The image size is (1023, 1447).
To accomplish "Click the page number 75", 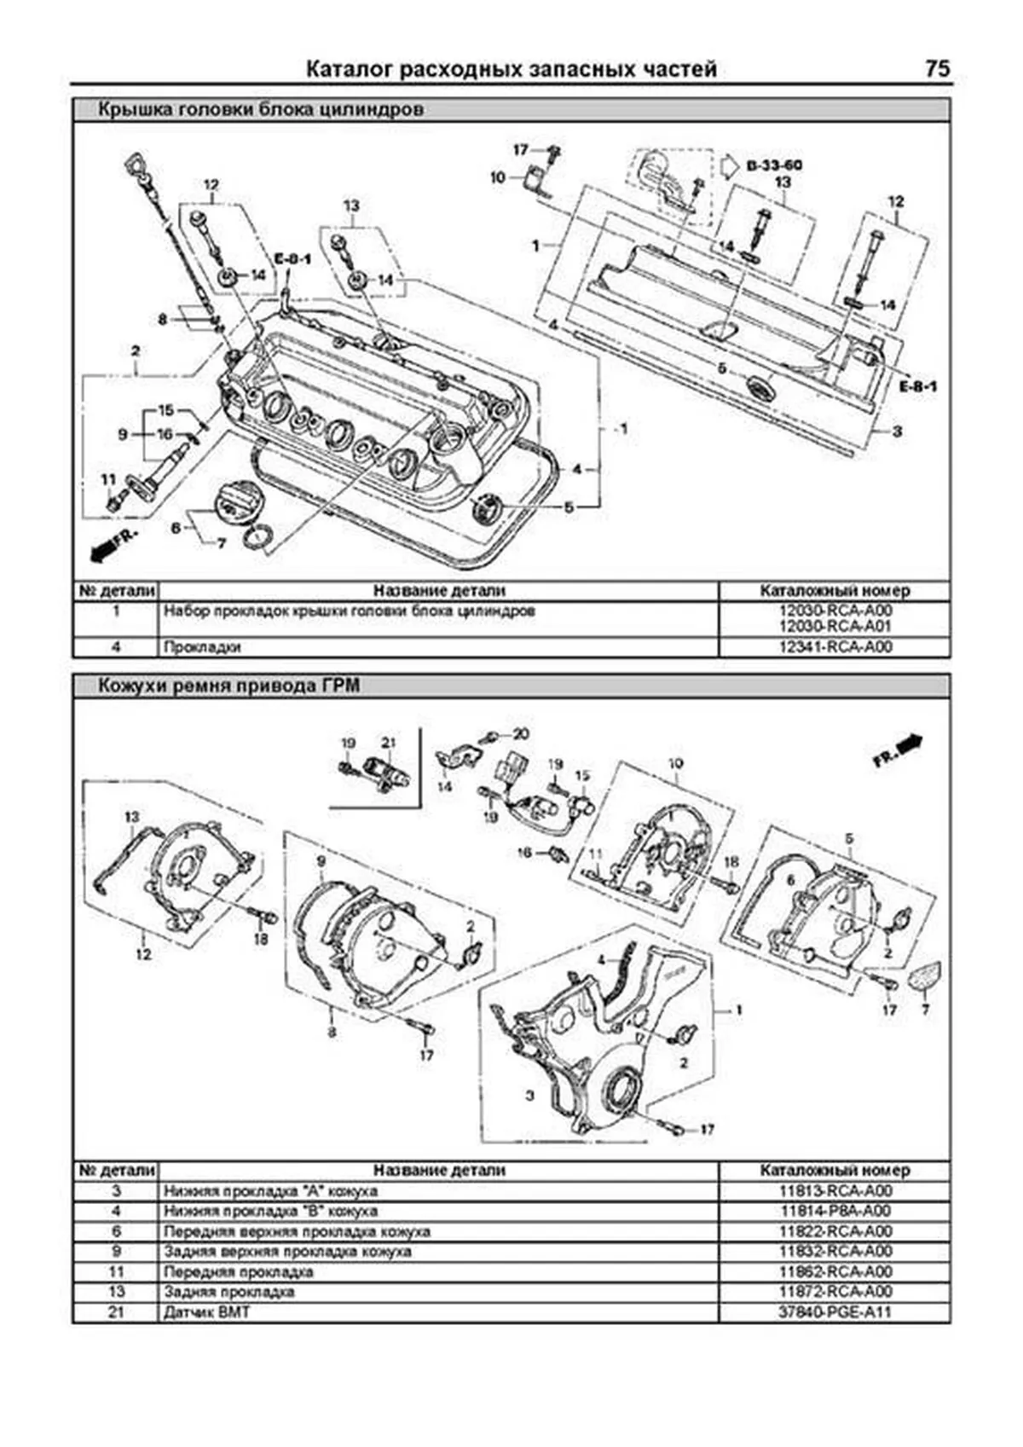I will click(x=936, y=69).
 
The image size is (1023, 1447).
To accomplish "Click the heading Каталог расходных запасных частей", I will click(x=511, y=69).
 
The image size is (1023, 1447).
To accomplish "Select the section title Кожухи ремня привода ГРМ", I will click(x=228, y=686).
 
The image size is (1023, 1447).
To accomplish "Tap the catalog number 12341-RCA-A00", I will click(x=835, y=647).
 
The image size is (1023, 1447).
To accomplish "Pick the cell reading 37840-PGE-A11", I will click(x=835, y=1311).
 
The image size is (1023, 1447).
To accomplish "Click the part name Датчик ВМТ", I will click(x=207, y=1311).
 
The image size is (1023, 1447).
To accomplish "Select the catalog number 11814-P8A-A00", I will click(x=835, y=1211).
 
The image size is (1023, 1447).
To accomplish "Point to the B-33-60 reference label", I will click(x=772, y=165).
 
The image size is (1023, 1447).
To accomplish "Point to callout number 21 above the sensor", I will click(x=389, y=743).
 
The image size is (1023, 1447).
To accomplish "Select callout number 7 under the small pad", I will click(x=925, y=1010).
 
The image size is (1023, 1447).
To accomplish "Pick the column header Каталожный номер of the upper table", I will click(x=835, y=590).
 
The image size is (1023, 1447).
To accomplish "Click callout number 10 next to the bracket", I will click(x=498, y=177).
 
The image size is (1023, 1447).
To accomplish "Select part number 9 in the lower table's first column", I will click(x=116, y=1252).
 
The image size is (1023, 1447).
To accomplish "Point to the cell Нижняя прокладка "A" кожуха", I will click(x=270, y=1191).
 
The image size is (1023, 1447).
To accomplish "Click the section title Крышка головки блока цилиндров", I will click(x=260, y=110).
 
